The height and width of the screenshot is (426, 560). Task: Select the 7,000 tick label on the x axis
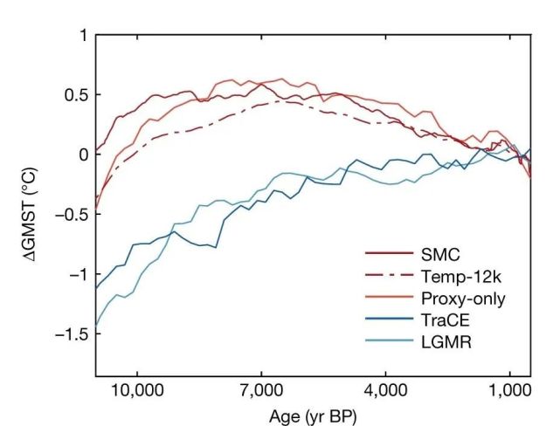point(261,388)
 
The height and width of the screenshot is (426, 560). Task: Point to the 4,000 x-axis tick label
point(385,388)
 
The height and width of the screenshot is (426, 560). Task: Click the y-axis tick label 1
point(84,35)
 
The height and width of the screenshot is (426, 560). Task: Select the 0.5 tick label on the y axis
point(78,94)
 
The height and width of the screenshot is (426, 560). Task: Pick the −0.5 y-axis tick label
point(73,215)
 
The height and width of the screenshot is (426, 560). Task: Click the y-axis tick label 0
point(84,155)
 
